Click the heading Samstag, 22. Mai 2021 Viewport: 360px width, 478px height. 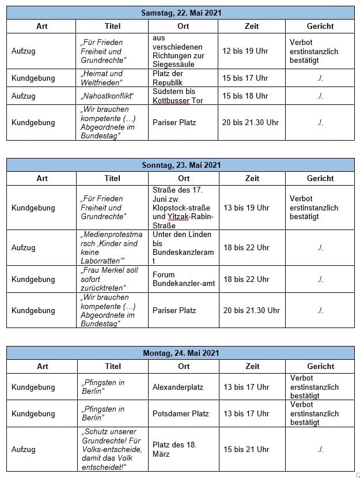181,13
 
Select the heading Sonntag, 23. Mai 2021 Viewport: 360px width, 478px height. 181,165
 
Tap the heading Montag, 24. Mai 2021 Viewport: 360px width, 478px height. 181,353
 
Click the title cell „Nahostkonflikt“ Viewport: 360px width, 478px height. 107,96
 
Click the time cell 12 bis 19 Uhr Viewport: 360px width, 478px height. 245,51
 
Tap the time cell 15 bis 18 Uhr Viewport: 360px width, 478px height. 245,96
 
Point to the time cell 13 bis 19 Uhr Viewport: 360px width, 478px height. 246,208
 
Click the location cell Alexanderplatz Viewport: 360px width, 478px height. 178,387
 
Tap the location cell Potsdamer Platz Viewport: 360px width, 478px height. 180,413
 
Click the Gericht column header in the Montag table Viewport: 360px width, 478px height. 320,366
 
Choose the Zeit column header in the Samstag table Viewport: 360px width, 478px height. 252,26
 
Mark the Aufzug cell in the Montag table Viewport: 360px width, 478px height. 24,449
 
